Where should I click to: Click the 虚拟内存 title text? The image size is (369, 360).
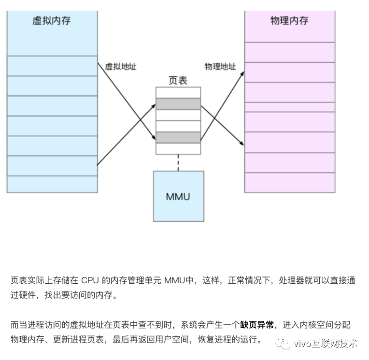52,21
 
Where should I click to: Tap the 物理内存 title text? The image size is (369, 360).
289,21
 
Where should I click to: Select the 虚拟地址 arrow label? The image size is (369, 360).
121,67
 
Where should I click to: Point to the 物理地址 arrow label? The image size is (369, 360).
220,67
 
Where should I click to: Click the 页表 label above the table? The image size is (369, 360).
178,81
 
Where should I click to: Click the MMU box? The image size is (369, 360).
179,196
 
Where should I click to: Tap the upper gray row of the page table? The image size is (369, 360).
178,104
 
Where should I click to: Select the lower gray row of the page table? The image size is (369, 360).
178,138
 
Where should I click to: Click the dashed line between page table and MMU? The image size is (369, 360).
178,163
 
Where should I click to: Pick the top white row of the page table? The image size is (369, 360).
178,93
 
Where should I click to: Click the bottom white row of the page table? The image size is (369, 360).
178,149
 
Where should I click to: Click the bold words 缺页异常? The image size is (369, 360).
257,325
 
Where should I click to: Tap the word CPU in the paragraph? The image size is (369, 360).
90,280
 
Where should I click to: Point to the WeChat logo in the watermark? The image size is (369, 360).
283,344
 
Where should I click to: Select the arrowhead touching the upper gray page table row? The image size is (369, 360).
154,106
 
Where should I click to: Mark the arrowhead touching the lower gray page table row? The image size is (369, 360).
154,138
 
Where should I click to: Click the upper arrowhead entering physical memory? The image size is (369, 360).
242,74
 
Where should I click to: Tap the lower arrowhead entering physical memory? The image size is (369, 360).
241,143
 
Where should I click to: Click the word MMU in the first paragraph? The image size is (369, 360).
175,280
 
